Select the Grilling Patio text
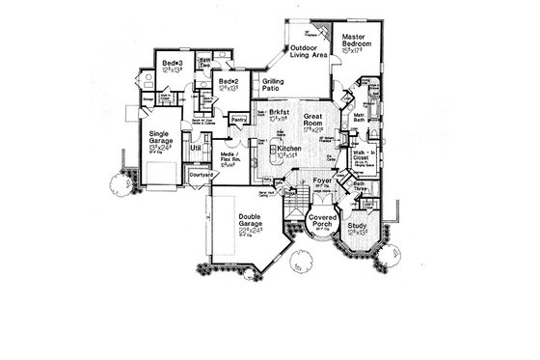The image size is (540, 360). tap(277, 85)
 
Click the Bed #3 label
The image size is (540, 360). tap(173, 66)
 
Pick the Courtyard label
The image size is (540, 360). tap(202, 174)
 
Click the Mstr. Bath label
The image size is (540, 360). tap(364, 118)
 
